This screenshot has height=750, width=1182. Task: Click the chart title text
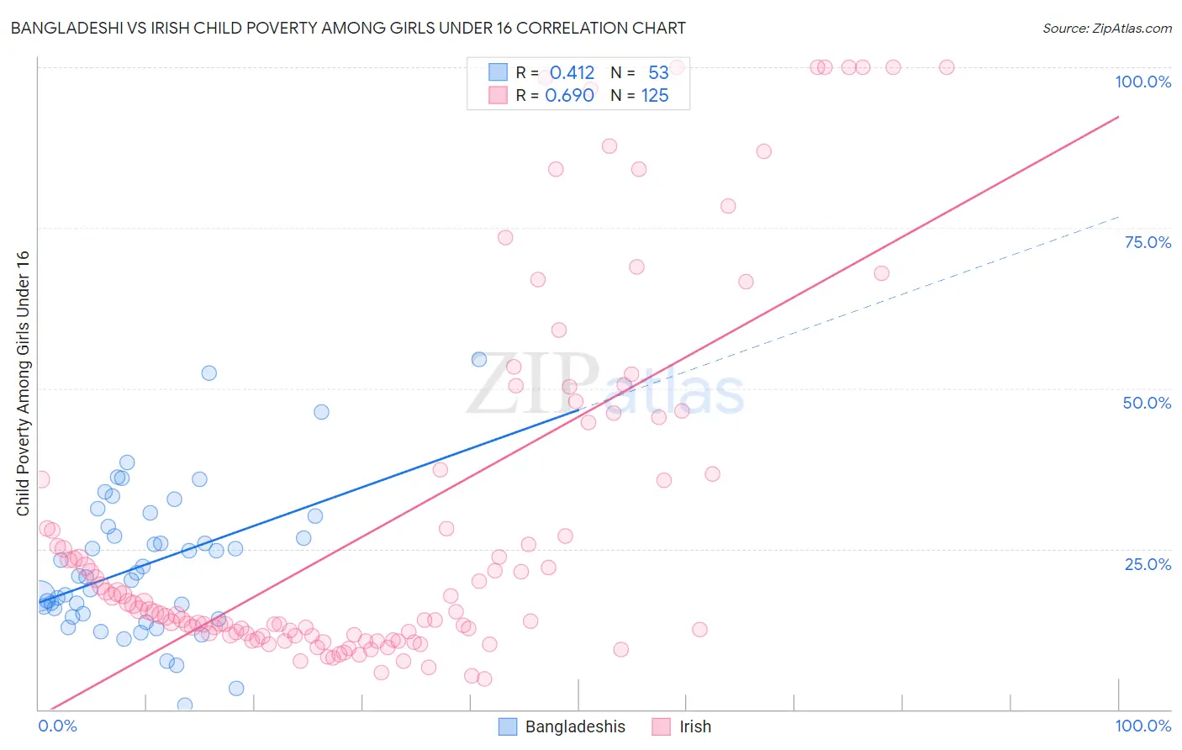pyautogui.click(x=348, y=28)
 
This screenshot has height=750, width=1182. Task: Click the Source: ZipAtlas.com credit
pyautogui.click(x=1106, y=28)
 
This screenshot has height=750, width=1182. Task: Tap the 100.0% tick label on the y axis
pyautogui.click(x=1142, y=82)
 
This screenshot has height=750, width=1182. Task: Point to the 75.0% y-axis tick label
pyautogui.click(x=1147, y=242)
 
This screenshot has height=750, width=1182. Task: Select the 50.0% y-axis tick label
pyautogui.click(x=1147, y=403)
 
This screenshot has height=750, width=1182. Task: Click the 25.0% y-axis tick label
pyautogui.click(x=1147, y=564)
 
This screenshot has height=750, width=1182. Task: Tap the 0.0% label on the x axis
pyautogui.click(x=57, y=726)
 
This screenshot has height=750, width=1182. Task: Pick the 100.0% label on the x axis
pyautogui.click(x=1142, y=726)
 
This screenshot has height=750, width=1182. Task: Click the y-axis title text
pyautogui.click(x=23, y=383)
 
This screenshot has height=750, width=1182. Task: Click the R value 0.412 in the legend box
pyautogui.click(x=572, y=73)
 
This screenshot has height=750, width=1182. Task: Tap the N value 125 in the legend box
pyautogui.click(x=655, y=96)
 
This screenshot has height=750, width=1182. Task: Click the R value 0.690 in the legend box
pyautogui.click(x=569, y=96)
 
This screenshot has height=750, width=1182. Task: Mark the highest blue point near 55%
pyautogui.click(x=479, y=359)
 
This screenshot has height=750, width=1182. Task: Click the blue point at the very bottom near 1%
pyautogui.click(x=185, y=705)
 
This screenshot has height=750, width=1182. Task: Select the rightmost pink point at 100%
pyautogui.click(x=947, y=67)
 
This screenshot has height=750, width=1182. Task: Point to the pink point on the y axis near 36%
pyautogui.click(x=41, y=479)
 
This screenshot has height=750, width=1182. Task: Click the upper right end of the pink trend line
pyautogui.click(x=1118, y=117)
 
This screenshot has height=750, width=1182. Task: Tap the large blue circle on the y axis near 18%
pyautogui.click(x=40, y=595)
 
